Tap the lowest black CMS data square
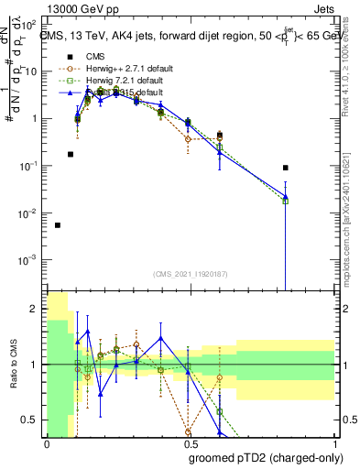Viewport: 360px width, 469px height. pos(58,225)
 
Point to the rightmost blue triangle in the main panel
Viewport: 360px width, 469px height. pos(286,196)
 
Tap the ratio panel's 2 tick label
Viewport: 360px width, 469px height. pos(34,309)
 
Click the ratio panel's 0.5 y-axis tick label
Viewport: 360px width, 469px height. pos(31,420)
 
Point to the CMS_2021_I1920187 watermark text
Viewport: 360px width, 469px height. pos(190,273)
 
